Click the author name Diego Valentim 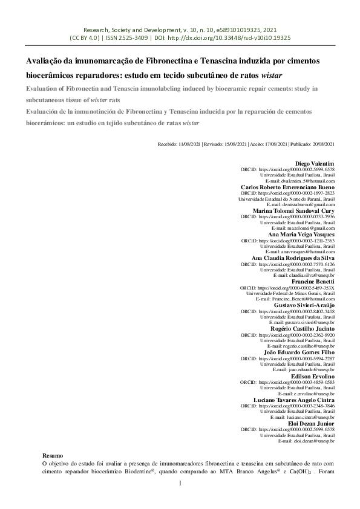coord(315,164)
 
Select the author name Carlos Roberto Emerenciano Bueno coord(288,187)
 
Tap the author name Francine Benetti coord(313,282)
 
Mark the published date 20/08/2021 coord(321,144)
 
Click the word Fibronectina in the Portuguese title coord(163,62)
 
